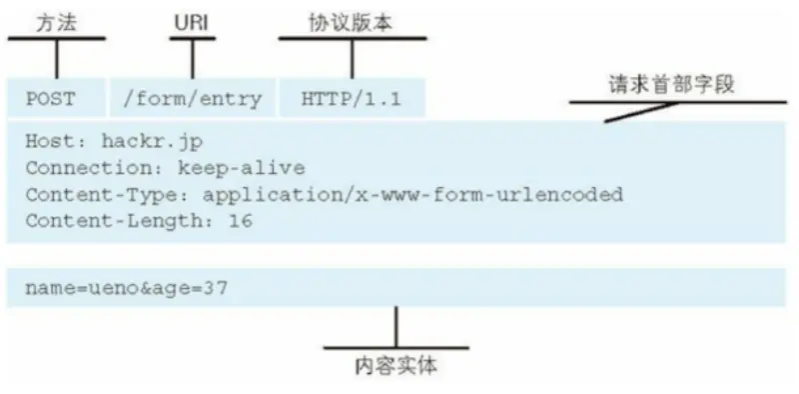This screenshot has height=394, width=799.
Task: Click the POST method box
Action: click(56, 98)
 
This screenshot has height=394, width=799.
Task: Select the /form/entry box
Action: click(192, 98)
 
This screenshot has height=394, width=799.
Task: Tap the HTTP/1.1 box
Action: click(352, 98)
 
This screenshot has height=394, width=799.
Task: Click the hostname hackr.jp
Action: click(137, 140)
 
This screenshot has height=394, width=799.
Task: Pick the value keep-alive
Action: click(241, 167)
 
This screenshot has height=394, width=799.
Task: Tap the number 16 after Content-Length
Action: click(241, 221)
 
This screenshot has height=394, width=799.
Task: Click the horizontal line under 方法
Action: click(57, 39)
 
